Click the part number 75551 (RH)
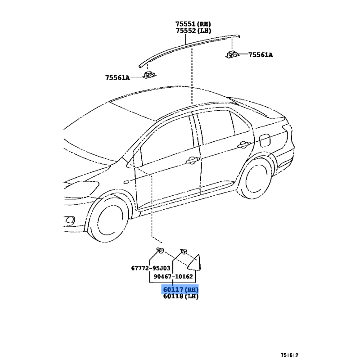[x=193, y=24]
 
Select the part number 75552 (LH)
[x=193, y=31]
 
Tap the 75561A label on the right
[x=261, y=55]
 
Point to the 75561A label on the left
[x=117, y=77]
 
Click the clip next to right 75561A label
[x=233, y=55]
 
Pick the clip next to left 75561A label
[x=148, y=75]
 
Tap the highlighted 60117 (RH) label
[x=180, y=289]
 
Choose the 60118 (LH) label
[x=180, y=297]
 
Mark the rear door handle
[x=243, y=144]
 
